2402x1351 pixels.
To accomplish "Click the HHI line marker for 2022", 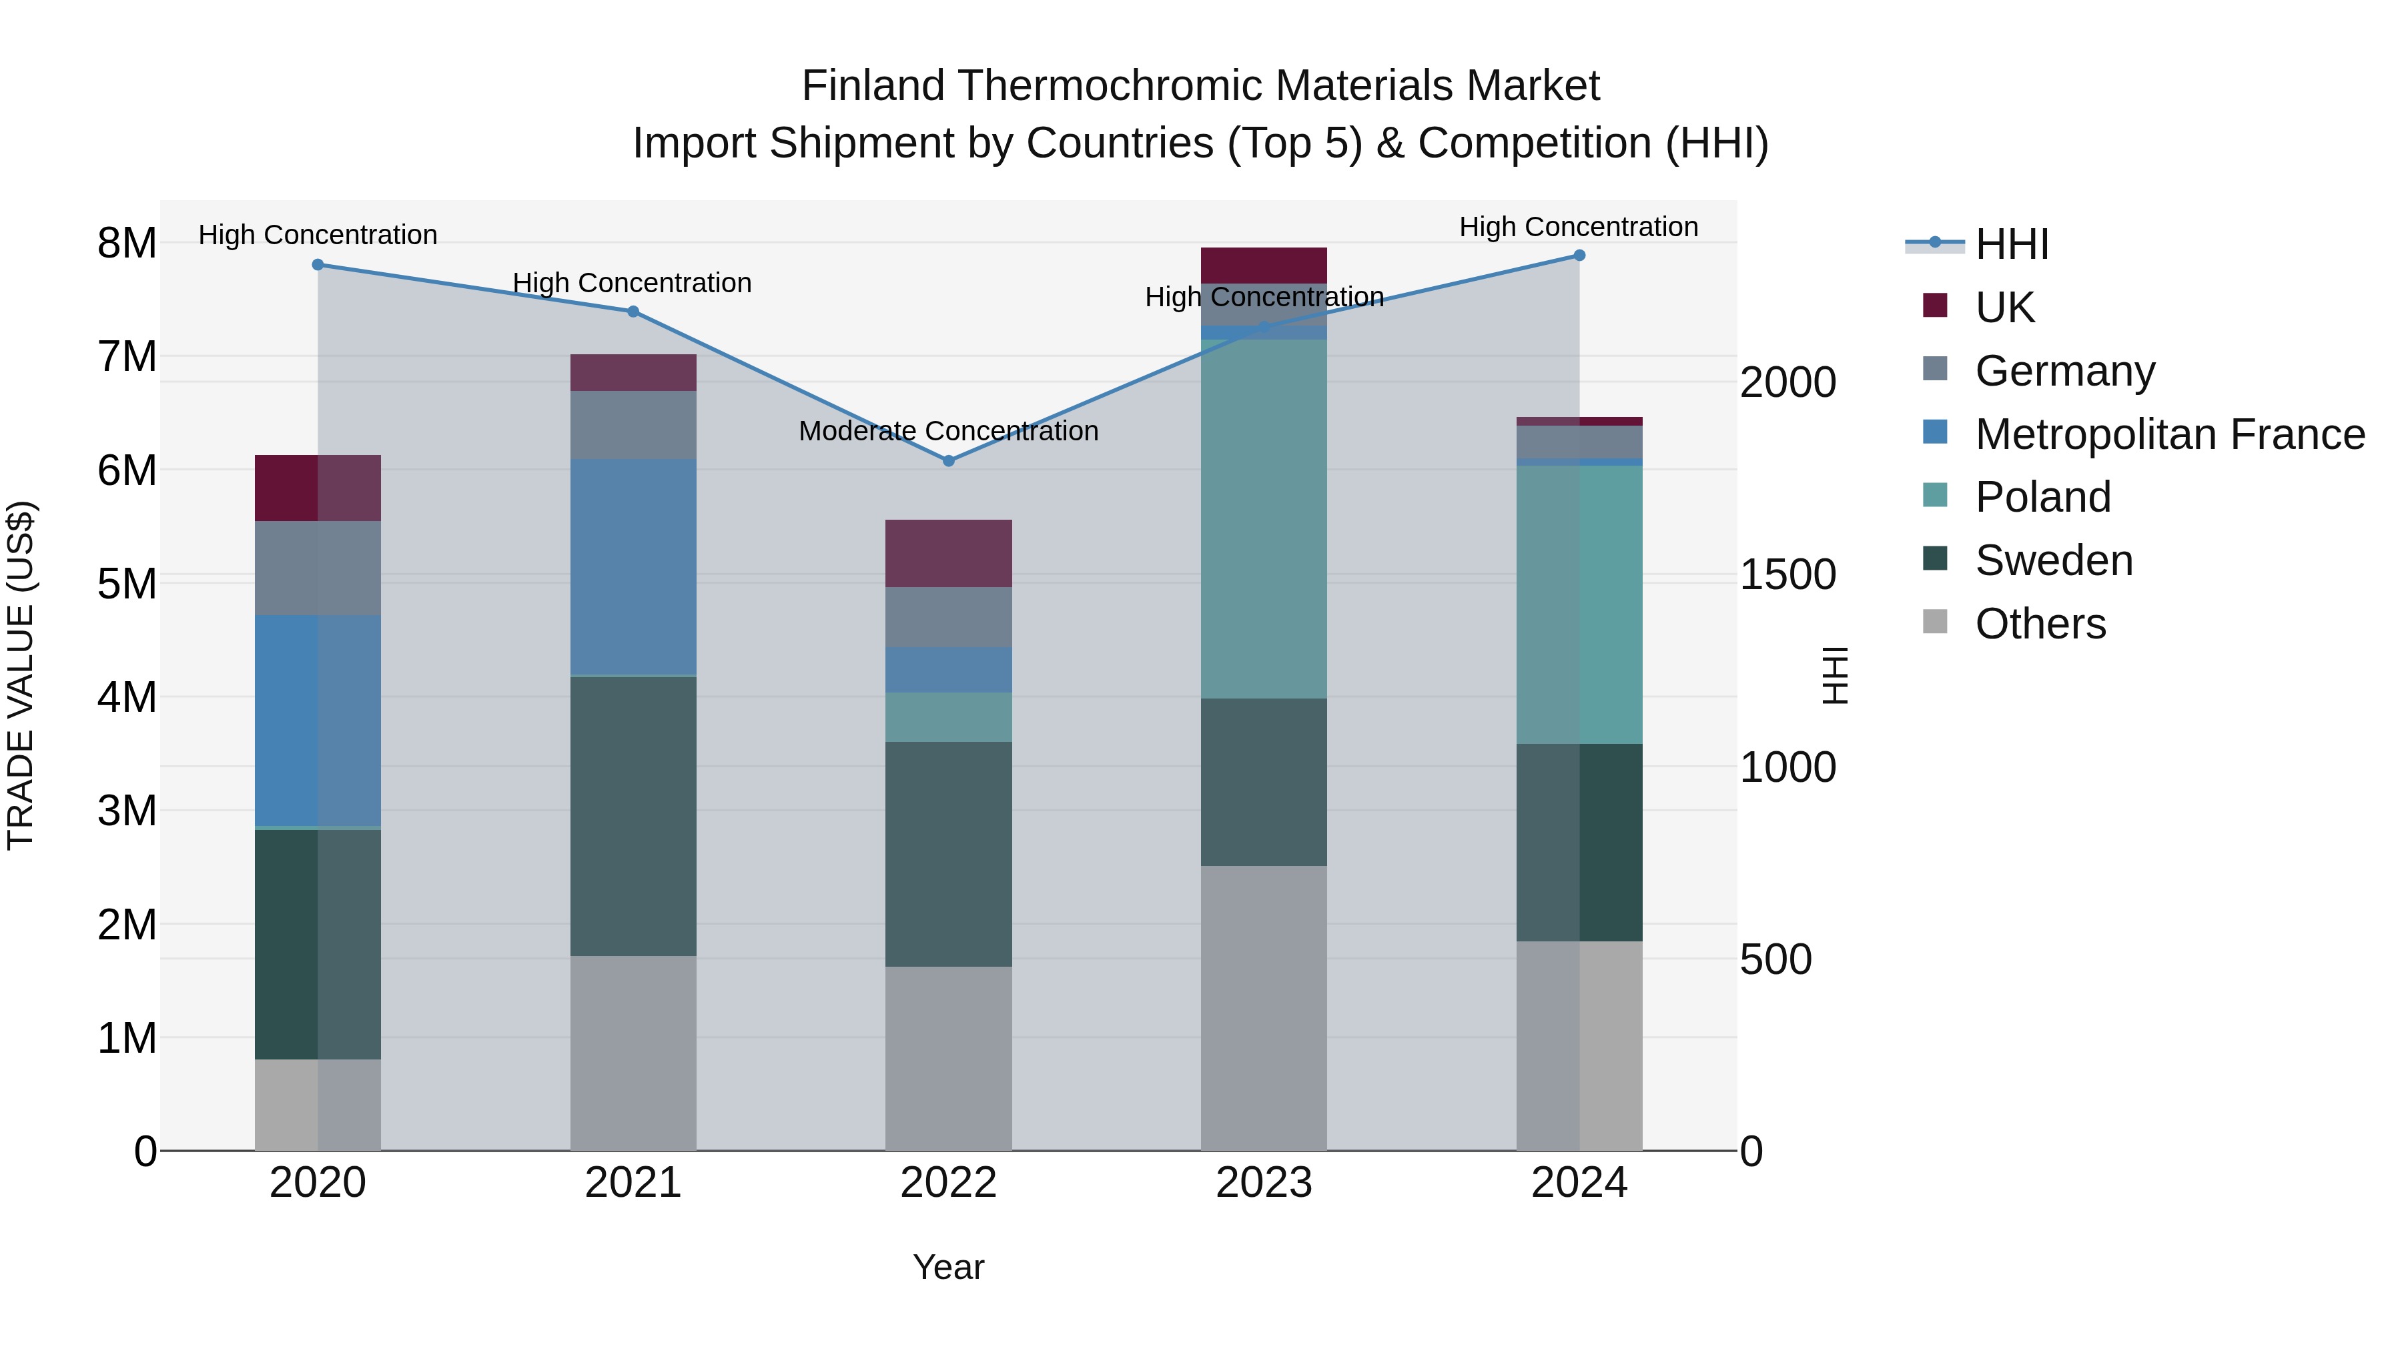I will tap(948, 460).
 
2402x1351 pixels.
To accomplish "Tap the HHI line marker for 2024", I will tap(1579, 256).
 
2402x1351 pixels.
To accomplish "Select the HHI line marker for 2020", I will tap(318, 265).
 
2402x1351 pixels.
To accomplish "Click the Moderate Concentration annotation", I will tap(948, 431).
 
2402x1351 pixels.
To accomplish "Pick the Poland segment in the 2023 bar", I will tap(1264, 518).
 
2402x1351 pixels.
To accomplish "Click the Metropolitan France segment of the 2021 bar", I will tap(633, 566).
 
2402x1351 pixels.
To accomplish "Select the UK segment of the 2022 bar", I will tap(948, 553).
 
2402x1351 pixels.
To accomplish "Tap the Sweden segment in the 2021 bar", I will tap(633, 816).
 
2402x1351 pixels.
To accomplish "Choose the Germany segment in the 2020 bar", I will tap(318, 568).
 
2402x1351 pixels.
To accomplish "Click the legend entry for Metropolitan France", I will tap(2169, 434).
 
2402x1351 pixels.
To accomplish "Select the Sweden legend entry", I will tap(2053, 560).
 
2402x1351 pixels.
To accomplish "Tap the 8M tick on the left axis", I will tap(127, 244).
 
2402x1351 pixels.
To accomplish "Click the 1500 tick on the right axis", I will tap(1787, 575).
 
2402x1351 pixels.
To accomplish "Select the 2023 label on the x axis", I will tap(1264, 1183).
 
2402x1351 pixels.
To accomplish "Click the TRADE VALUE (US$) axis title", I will tap(21, 676).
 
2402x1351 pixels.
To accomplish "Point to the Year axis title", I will tap(948, 1267).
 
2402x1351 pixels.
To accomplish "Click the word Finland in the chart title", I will tap(872, 86).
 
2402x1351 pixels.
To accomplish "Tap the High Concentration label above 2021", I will tap(633, 282).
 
